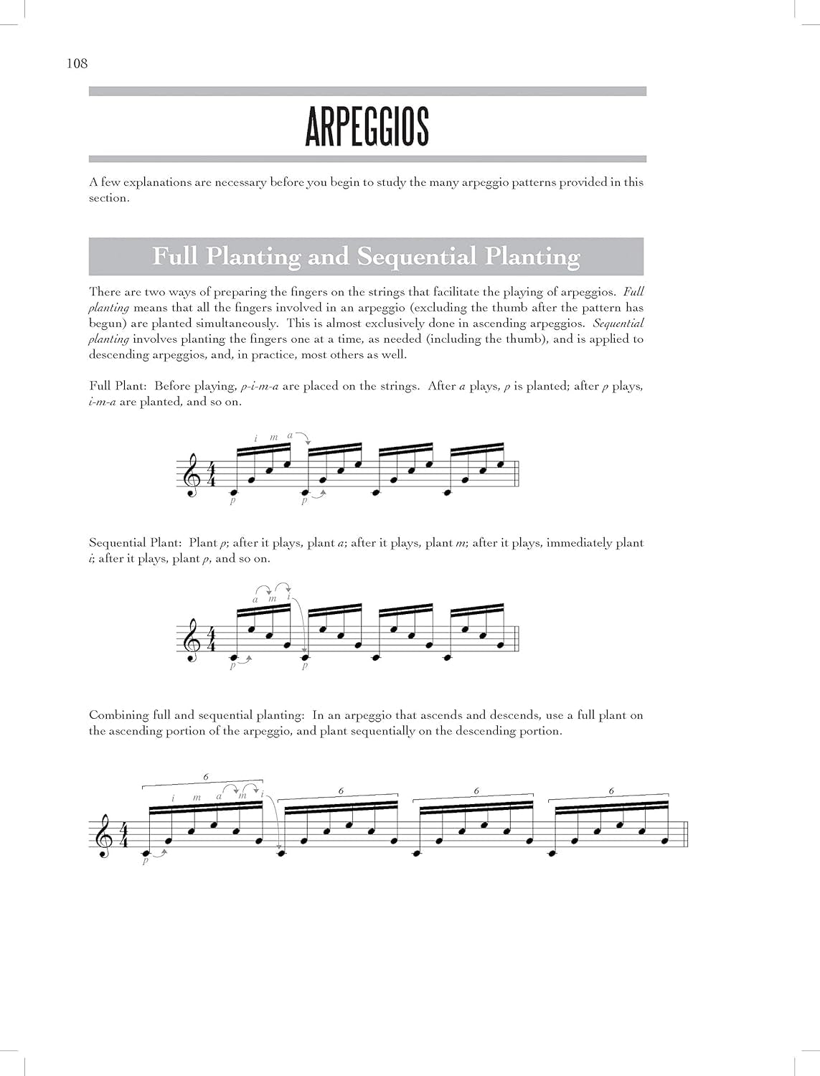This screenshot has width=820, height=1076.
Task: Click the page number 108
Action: (x=77, y=64)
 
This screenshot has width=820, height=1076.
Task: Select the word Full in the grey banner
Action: (x=176, y=256)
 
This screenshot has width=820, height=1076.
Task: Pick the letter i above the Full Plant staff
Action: (x=255, y=438)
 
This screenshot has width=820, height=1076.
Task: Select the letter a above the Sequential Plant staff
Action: (x=255, y=600)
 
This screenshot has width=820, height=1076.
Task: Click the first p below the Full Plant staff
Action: (x=233, y=501)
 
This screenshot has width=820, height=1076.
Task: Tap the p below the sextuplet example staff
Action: (x=146, y=861)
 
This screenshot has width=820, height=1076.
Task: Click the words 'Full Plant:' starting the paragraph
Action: (x=118, y=386)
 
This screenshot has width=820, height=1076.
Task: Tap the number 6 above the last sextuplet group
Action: (x=611, y=791)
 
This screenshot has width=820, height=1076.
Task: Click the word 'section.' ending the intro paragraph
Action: (x=109, y=198)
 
